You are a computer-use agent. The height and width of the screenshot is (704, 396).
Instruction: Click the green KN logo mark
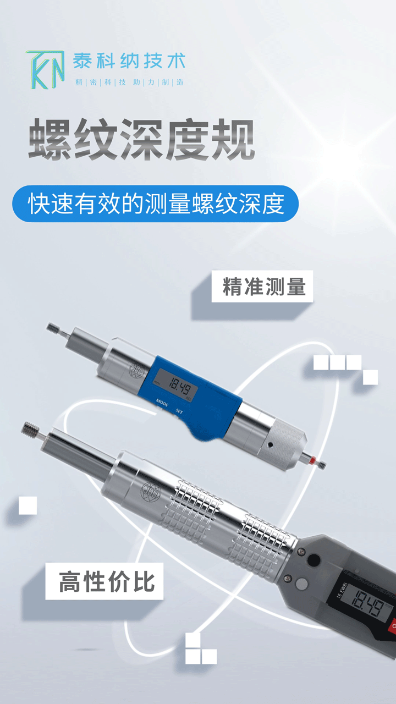click(46, 70)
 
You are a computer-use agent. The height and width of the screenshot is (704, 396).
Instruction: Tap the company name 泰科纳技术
click(129, 61)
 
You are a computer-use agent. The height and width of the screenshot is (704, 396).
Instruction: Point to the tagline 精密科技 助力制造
click(129, 82)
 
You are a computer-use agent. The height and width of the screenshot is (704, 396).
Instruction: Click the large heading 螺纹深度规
click(141, 139)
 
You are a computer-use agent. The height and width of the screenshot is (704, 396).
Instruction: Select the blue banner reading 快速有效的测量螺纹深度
click(155, 204)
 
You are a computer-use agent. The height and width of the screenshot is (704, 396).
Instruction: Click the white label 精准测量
click(262, 287)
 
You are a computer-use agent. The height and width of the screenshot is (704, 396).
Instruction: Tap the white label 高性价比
click(105, 581)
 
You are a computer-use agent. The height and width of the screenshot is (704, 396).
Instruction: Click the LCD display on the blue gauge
click(176, 386)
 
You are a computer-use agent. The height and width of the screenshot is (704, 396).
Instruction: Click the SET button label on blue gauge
click(179, 411)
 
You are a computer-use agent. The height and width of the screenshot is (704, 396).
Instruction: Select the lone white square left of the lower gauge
click(28, 505)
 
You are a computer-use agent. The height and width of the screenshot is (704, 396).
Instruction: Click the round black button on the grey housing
click(313, 559)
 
